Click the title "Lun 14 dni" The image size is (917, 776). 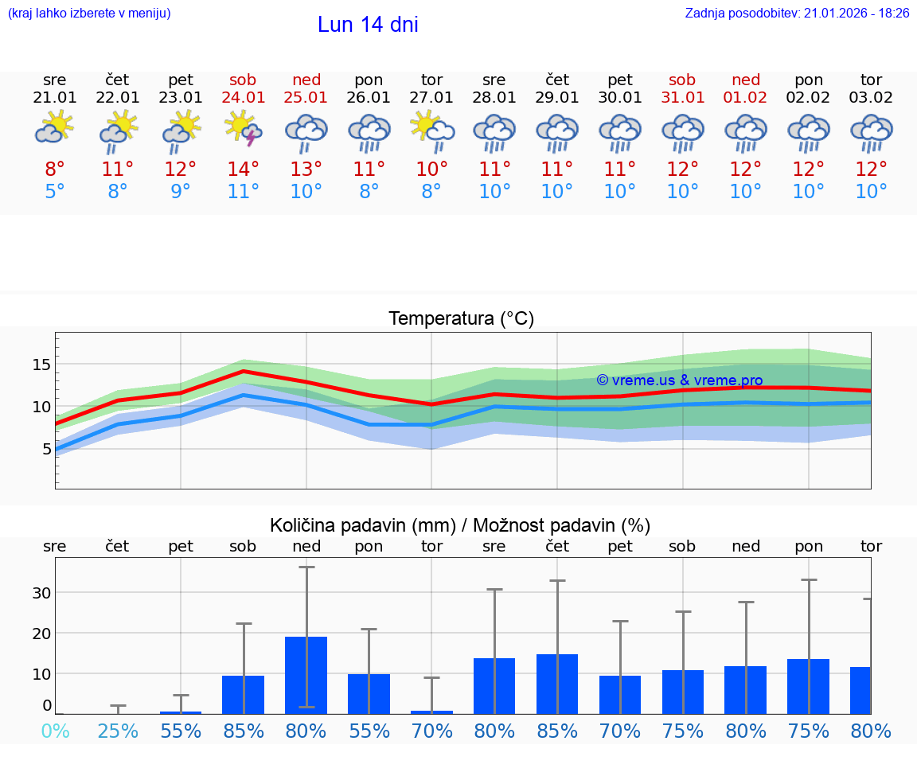[x=368, y=25]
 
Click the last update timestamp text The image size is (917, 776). [x=797, y=14]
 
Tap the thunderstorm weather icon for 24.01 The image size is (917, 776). [x=244, y=128]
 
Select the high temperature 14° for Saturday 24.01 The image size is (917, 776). [x=244, y=170]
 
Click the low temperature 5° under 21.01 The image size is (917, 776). [x=55, y=192]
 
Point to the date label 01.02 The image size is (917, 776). [x=746, y=98]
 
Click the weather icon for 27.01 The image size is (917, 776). [x=431, y=130]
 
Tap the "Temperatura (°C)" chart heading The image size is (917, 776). [x=461, y=319]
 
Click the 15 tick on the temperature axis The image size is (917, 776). [x=41, y=365]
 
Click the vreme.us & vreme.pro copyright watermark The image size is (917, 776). [x=679, y=380]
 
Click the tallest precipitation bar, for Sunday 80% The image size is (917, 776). [x=306, y=675]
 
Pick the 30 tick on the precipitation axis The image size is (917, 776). [x=41, y=592]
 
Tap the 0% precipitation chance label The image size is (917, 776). [x=55, y=731]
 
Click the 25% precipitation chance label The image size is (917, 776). [x=118, y=731]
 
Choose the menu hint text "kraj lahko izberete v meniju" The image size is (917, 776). [x=88, y=14]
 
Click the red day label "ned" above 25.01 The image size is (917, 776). [x=306, y=80]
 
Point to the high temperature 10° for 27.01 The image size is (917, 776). [x=431, y=170]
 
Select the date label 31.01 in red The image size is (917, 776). [x=683, y=98]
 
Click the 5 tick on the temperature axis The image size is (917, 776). [x=46, y=449]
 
